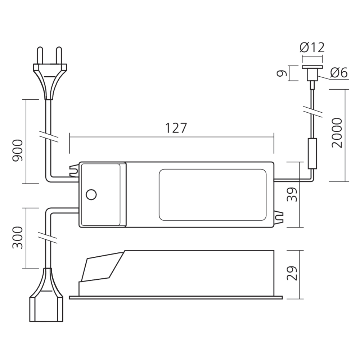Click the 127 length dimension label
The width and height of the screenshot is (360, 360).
coord(176,129)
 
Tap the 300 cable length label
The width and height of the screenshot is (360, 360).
coord(18,238)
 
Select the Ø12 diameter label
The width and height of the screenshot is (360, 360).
coord(312,48)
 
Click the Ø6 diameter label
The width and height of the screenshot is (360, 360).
coord(338,73)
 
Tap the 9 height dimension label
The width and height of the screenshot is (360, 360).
coord(283,73)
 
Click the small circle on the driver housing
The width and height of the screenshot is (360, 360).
coord(91,195)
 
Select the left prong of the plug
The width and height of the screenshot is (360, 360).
coord(40,56)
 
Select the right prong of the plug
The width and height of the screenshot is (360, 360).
coord(59,56)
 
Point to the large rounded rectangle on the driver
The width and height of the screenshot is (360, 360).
coord(213,194)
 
